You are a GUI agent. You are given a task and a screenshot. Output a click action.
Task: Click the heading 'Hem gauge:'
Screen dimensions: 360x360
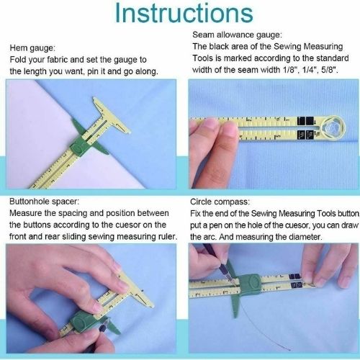(33, 48)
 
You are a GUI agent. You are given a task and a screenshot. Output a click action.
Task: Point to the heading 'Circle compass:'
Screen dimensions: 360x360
(222, 203)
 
